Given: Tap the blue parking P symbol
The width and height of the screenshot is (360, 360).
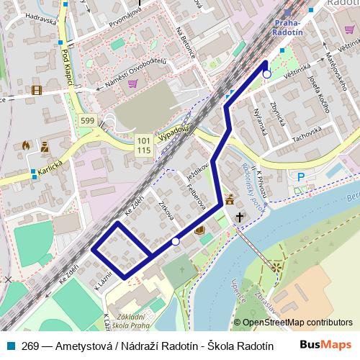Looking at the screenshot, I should click(x=301, y=177).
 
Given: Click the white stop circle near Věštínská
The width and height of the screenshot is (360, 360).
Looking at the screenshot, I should click(x=266, y=74).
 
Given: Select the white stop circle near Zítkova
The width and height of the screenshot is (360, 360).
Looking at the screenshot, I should click(x=176, y=242).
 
